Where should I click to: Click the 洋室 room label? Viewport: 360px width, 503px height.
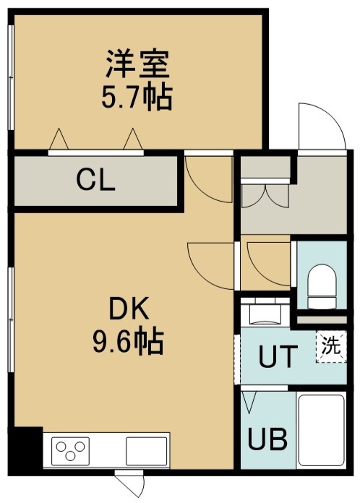pyautogui.click(x=137, y=64)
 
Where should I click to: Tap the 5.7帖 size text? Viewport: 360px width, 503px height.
pyautogui.click(x=137, y=97)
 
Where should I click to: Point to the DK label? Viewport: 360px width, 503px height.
pyautogui.click(x=129, y=308)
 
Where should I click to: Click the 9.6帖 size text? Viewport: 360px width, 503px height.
pyautogui.click(x=129, y=341)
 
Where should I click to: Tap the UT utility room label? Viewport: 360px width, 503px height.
pyautogui.click(x=276, y=356)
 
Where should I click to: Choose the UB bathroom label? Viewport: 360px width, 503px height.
pyautogui.click(x=267, y=439)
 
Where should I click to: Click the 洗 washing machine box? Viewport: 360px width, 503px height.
pyautogui.click(x=331, y=346)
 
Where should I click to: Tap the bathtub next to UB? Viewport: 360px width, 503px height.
pyautogui.click(x=321, y=431)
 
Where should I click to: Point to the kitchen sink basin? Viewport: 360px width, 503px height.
pyautogui.click(x=146, y=451)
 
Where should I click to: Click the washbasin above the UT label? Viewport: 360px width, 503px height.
pyautogui.click(x=266, y=314)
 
